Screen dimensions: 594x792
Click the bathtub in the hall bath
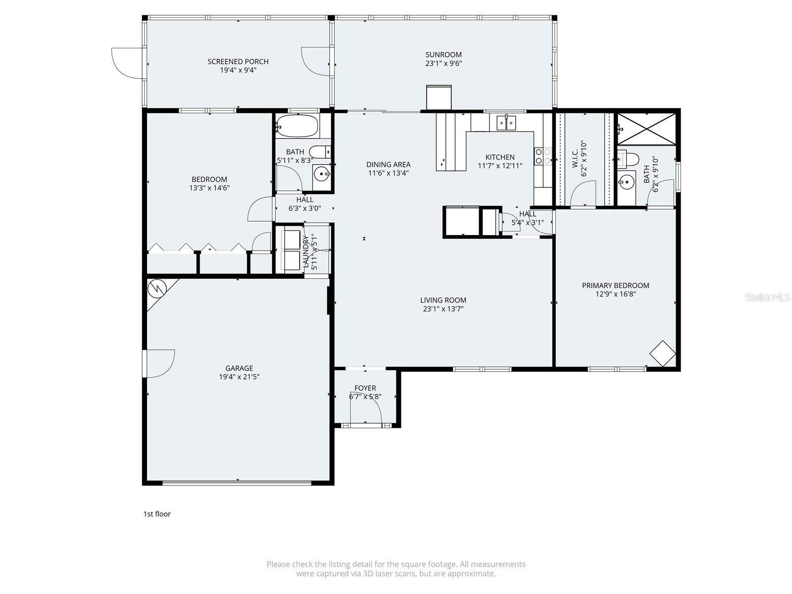click(297, 126)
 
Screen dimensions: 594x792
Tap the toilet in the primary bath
click(629, 158)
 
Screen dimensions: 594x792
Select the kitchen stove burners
click(543, 156)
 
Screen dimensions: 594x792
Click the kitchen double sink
click(506, 122)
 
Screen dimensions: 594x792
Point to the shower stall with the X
click(646, 129)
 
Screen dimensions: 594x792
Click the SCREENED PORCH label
click(238, 61)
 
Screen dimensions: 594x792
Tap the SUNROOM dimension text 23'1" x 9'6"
click(444, 63)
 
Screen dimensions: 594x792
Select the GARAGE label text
click(239, 368)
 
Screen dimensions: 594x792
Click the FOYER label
click(365, 388)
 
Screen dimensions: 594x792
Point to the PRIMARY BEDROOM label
click(615, 285)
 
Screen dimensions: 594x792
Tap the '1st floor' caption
click(157, 514)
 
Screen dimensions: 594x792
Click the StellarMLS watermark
click(767, 297)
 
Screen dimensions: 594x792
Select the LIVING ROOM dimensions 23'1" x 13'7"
click(443, 309)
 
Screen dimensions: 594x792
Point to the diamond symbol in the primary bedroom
click(662, 353)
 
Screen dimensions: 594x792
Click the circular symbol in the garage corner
click(157, 288)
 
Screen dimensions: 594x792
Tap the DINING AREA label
click(388, 164)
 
